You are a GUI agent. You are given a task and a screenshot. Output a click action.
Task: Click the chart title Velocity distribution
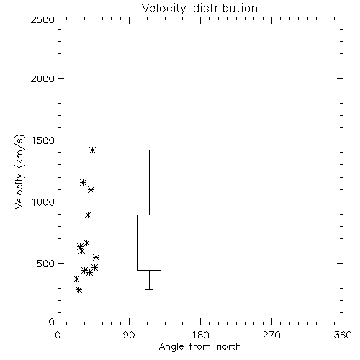199,8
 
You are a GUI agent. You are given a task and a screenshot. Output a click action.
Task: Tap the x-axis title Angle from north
199,347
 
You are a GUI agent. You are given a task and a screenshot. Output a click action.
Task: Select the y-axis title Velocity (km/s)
19,171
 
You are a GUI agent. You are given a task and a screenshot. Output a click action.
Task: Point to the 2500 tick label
42,19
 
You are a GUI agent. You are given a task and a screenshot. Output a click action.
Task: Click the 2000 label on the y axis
42,78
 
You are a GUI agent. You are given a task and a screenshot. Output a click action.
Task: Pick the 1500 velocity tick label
43,140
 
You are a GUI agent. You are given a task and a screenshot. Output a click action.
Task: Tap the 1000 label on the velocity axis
43,202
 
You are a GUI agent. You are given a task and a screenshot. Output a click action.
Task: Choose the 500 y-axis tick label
46,264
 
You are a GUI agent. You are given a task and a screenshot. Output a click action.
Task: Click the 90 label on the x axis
129,335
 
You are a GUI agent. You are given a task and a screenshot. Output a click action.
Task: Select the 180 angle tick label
200,335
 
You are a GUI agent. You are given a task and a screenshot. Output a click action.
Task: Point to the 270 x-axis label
271,335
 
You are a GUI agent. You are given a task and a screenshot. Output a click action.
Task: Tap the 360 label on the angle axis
343,335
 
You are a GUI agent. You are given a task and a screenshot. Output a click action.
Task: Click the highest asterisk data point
93,150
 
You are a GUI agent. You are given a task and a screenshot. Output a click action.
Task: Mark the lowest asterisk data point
78,290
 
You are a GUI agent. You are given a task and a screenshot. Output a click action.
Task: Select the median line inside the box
149,251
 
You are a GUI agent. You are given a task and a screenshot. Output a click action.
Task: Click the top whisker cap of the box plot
149,150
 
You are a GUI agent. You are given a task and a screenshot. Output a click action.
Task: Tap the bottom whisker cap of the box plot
149,289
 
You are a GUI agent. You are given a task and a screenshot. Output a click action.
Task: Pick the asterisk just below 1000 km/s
89,215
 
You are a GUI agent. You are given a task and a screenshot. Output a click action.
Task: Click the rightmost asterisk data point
96,258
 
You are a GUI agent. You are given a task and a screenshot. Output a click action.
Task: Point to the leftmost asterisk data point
76,279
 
